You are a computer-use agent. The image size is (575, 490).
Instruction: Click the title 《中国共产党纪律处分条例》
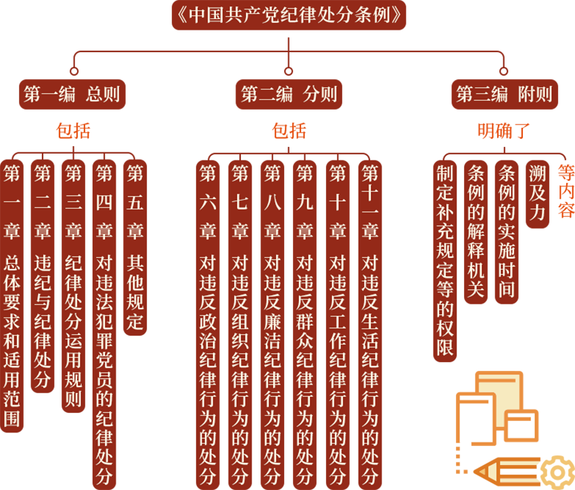(x=287, y=15)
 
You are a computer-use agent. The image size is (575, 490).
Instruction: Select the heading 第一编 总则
(x=72, y=94)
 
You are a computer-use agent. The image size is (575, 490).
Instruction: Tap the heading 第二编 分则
(x=289, y=94)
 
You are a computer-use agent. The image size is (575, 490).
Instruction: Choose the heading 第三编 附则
(x=504, y=94)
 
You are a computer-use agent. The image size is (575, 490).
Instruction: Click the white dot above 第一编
(x=74, y=71)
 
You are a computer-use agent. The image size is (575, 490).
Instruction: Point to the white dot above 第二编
(x=288, y=71)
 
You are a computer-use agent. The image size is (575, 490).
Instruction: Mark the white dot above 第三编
(x=504, y=71)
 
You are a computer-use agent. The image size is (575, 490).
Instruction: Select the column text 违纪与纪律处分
(x=43, y=321)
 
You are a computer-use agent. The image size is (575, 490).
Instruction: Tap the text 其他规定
(x=135, y=291)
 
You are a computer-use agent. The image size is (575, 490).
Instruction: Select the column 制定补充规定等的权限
(x=444, y=261)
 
